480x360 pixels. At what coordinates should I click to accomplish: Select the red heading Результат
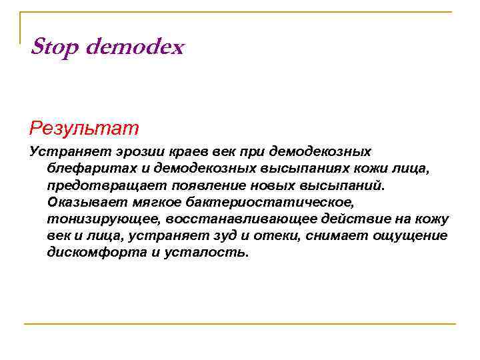tap(84, 126)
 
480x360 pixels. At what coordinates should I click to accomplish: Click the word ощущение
tap(414, 235)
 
